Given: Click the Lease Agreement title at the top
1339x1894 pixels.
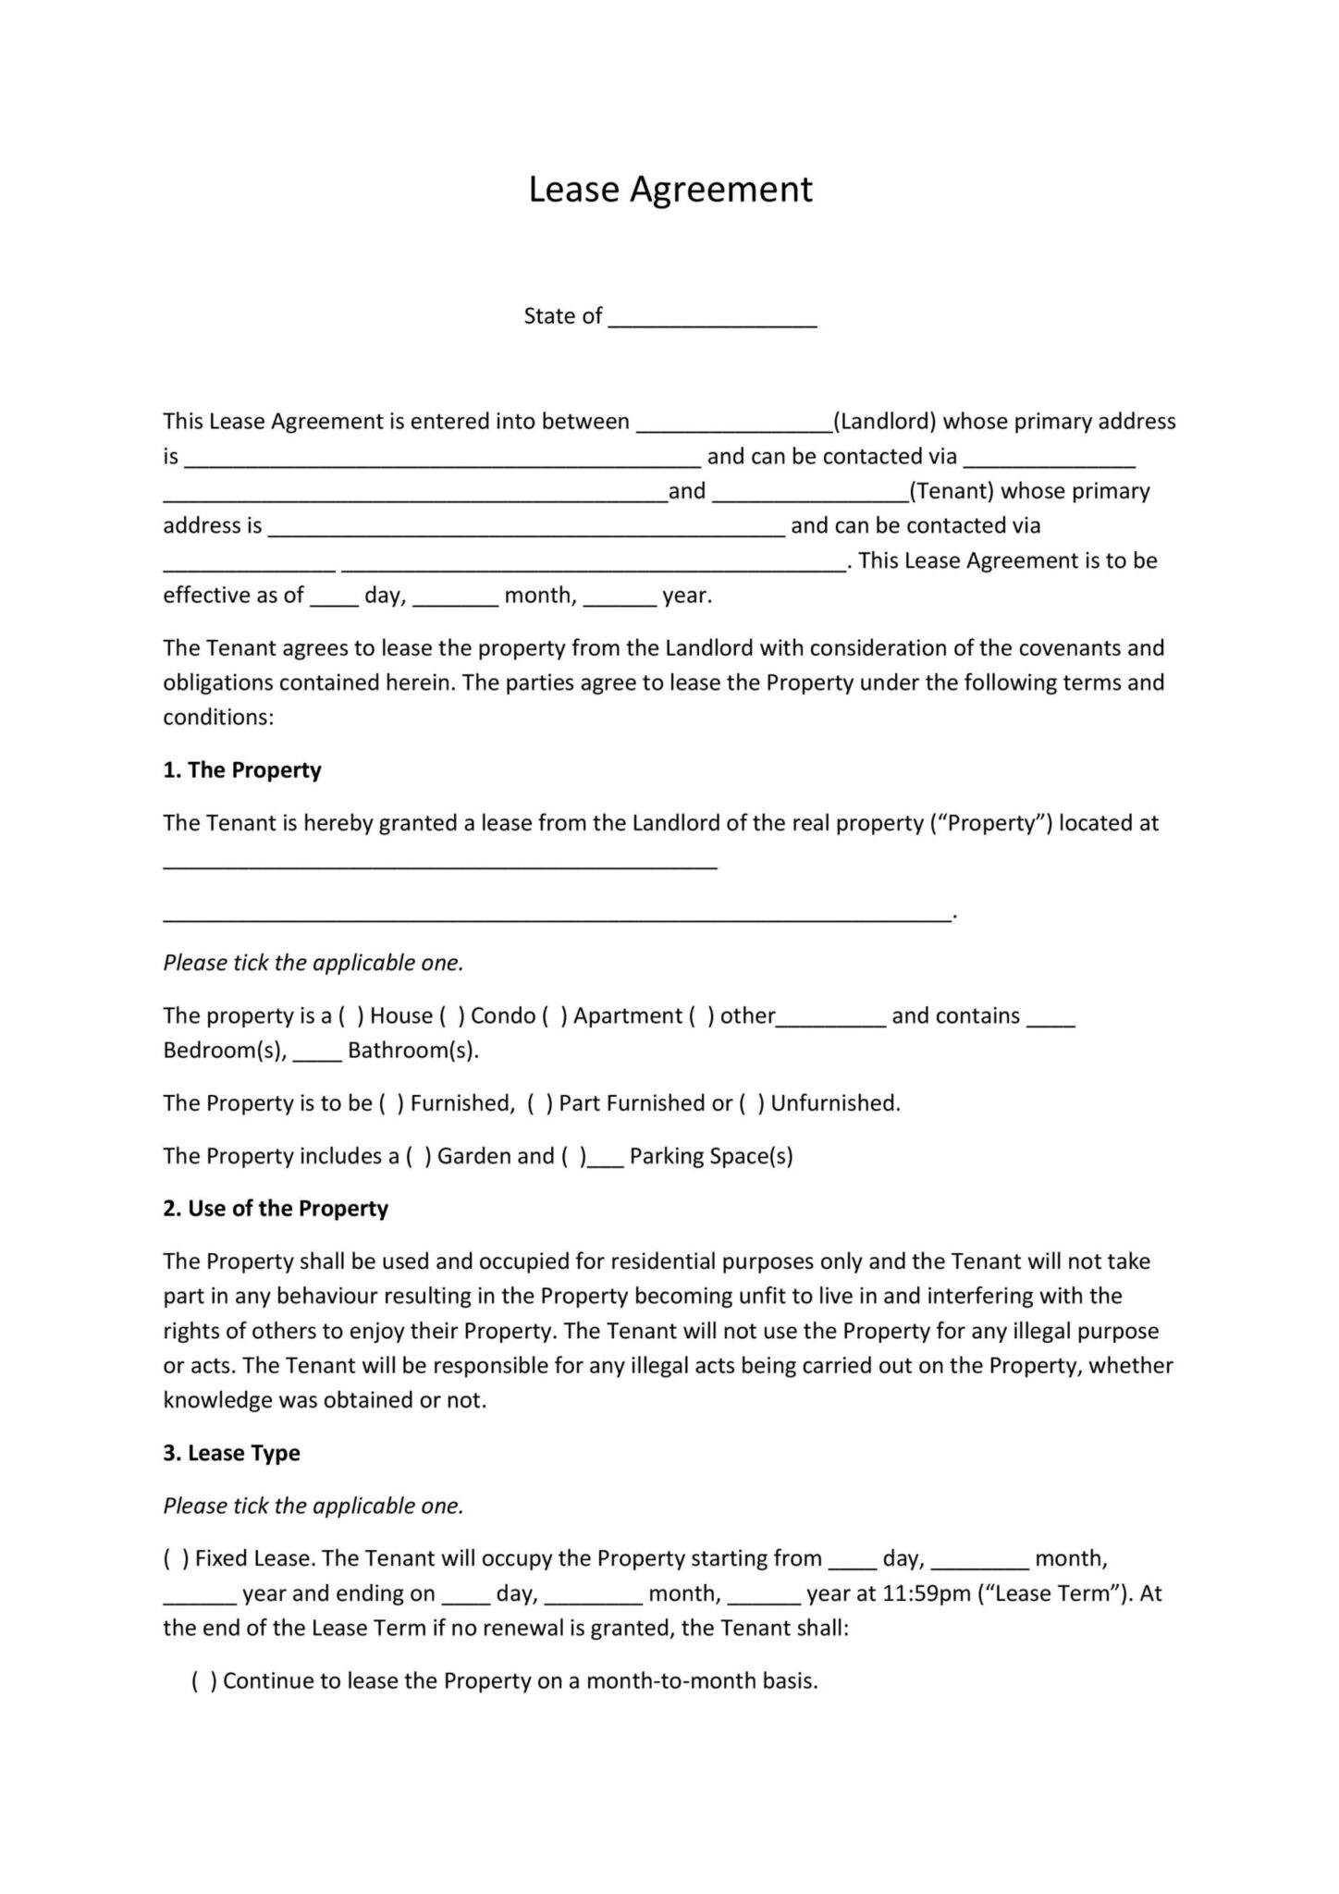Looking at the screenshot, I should point(669,190).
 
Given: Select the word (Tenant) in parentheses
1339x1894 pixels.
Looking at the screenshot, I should point(952,491).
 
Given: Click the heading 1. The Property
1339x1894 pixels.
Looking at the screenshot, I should point(242,770).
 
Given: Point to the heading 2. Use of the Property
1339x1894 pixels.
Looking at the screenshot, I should point(276,1209).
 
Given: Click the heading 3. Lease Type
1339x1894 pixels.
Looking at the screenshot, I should point(232,1453).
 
